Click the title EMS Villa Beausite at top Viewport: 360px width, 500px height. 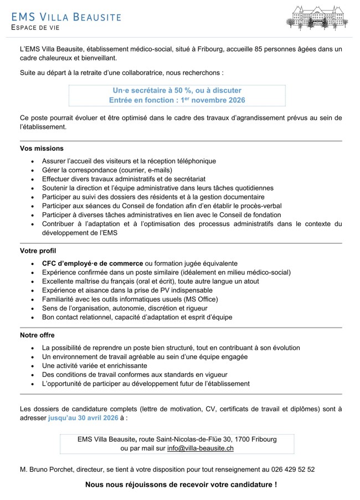[x=66, y=17]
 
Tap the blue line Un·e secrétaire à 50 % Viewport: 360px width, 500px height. [x=177, y=90]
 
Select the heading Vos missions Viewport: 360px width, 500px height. [x=42, y=149]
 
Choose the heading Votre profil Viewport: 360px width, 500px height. [x=38, y=251]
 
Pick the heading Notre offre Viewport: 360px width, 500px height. [x=38, y=335]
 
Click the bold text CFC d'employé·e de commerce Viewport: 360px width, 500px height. [x=92, y=263]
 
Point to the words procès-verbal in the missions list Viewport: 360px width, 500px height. [x=254, y=206]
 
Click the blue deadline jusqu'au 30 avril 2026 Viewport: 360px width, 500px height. [x=83, y=418]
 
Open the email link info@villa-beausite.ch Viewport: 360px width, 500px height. [x=200, y=448]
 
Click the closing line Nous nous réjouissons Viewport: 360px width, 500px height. [x=181, y=484]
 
